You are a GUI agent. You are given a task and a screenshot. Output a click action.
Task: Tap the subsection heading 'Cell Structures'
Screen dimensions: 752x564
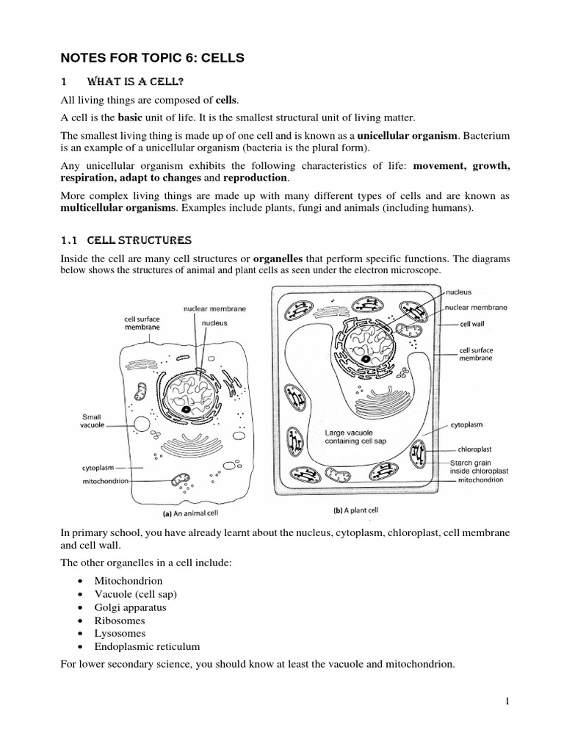point(140,240)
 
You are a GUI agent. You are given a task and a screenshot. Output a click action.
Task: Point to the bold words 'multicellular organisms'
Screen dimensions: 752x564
point(119,209)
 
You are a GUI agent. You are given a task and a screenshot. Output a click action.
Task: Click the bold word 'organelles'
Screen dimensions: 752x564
point(277,259)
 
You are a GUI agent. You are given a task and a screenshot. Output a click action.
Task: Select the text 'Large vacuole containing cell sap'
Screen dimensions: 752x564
point(355,438)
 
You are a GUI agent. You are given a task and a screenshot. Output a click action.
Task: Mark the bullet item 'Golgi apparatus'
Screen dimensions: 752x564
point(131,607)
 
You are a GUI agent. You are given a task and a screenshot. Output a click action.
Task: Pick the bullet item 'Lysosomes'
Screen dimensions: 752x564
point(120,633)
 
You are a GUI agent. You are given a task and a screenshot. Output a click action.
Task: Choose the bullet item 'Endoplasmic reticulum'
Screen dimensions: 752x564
point(147,646)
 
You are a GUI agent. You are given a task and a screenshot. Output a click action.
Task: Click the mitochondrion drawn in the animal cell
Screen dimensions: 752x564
point(180,481)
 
